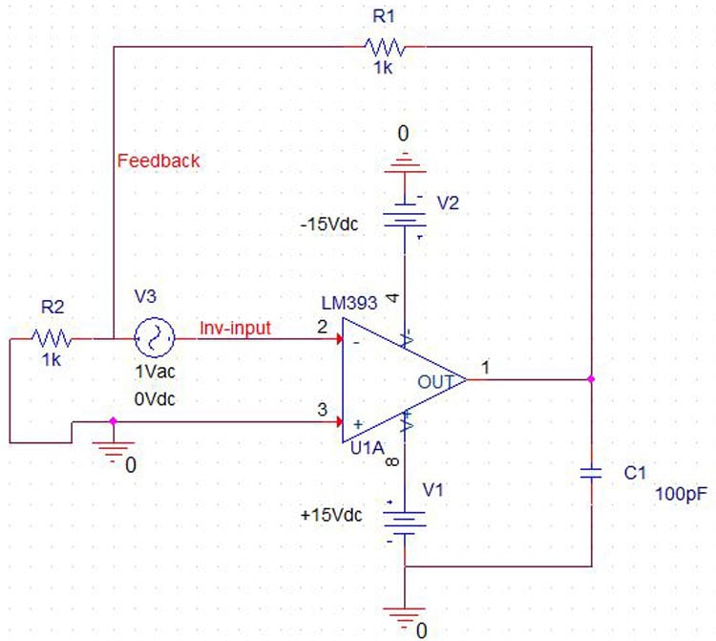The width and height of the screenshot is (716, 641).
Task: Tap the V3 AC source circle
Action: (154, 337)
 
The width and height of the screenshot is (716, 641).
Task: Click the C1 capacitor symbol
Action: (592, 473)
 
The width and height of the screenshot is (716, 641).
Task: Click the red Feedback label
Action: (158, 160)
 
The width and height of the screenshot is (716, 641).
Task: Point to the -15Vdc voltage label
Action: (330, 224)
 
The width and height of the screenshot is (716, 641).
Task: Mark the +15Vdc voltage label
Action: (330, 515)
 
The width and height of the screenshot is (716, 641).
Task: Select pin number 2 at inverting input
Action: (323, 328)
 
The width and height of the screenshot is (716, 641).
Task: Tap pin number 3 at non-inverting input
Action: (323, 410)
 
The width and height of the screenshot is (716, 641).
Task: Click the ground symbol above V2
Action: (404, 163)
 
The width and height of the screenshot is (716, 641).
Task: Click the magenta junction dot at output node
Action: (592, 380)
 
